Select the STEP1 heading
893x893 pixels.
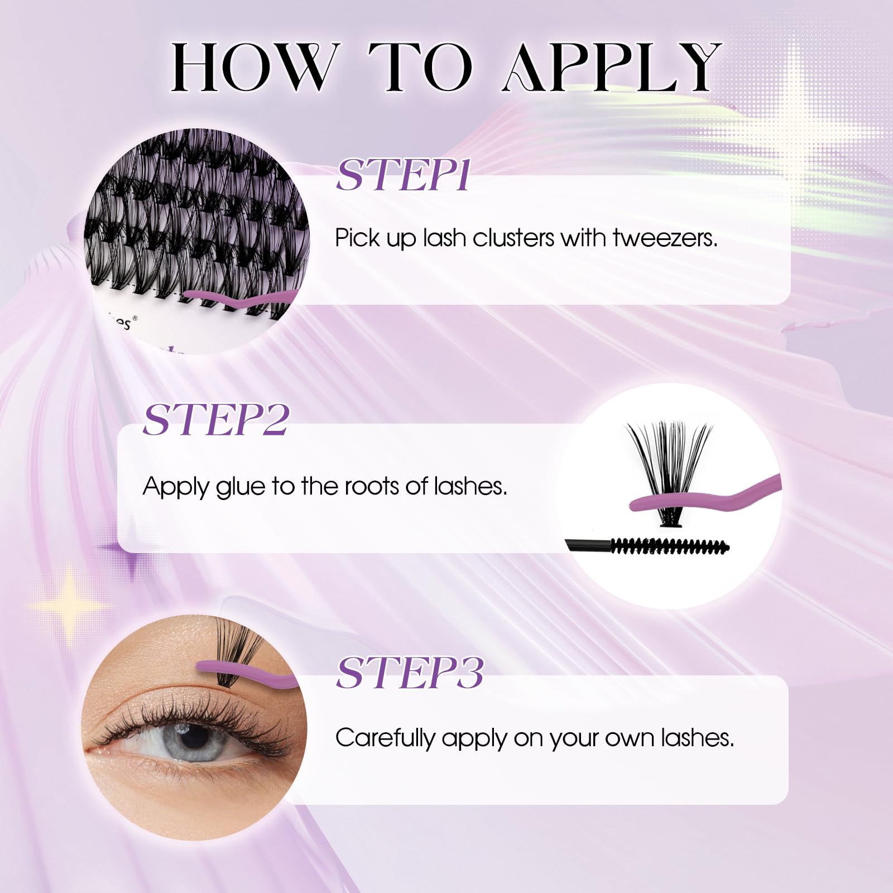(x=403, y=175)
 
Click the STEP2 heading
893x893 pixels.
(x=216, y=419)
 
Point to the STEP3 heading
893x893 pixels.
(x=410, y=673)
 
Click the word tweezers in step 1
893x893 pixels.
(x=665, y=238)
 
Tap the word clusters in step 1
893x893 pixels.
(x=513, y=238)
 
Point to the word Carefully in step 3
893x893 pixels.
(x=385, y=738)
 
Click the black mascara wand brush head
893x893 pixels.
(x=670, y=546)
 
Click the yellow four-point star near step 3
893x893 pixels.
(x=69, y=606)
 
